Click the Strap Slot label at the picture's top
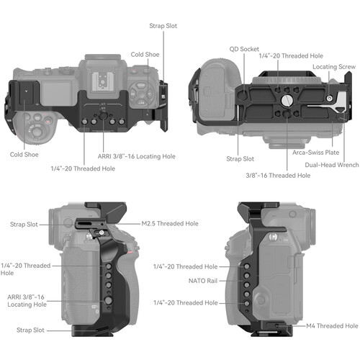[164, 26]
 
